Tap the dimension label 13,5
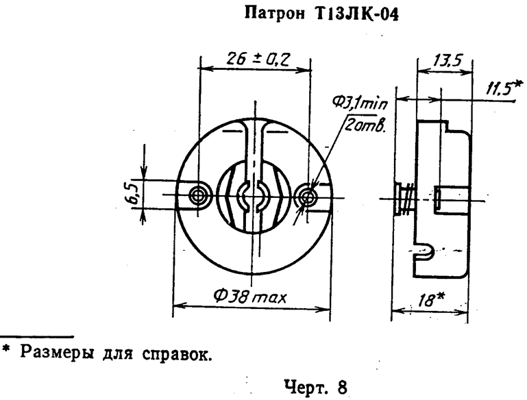pos(445,62)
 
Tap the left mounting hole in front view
pos(199,195)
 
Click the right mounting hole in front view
pos(306,196)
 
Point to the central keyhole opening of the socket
pos(253,197)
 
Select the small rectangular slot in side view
pos(439,197)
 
